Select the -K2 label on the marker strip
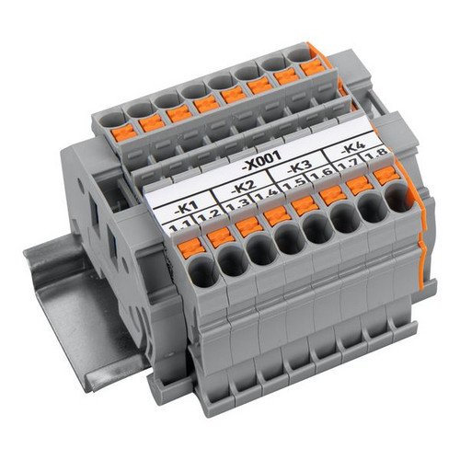pyautogui.click(x=243, y=188)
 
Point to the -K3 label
pyautogui.click(x=299, y=168)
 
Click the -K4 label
pyautogui.click(x=353, y=148)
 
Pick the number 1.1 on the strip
pyautogui.click(x=180, y=227)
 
